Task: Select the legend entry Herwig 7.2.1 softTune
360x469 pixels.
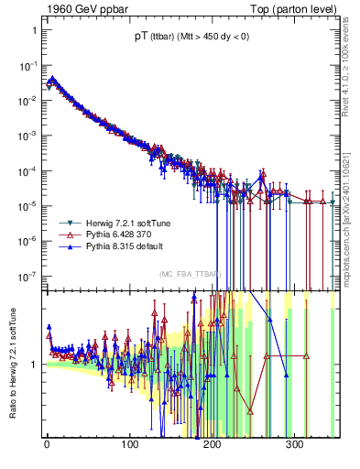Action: pos(115,224)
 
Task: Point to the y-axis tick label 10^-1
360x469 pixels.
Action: pos(27,65)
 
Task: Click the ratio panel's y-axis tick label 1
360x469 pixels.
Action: pos(34,364)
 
